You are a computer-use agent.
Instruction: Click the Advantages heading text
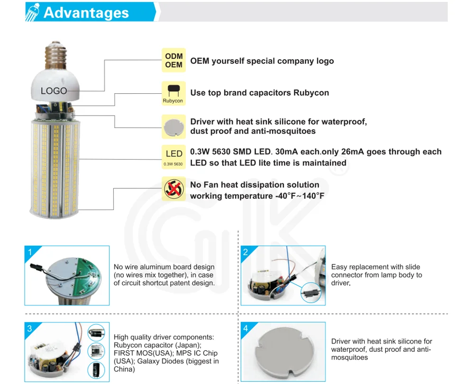pyautogui.click(x=86, y=13)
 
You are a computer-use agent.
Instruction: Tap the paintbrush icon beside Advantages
pyautogui.click(x=32, y=12)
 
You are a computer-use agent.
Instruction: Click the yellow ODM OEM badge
pyautogui.click(x=173, y=60)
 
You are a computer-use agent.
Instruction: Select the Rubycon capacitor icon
pyautogui.click(x=173, y=93)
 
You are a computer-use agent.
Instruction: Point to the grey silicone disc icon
pyautogui.click(x=173, y=127)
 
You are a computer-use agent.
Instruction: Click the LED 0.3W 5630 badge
pyautogui.click(x=173, y=157)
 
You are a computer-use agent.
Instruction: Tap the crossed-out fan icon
pyautogui.click(x=173, y=189)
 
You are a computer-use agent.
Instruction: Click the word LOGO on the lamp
pyautogui.click(x=54, y=90)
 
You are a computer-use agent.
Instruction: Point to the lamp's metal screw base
pyautogui.click(x=55, y=55)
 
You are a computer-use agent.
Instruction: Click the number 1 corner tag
pyautogui.click(x=30, y=252)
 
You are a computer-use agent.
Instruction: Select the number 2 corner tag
pyautogui.click(x=246, y=252)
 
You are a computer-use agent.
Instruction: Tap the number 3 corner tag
pyautogui.click(x=29, y=329)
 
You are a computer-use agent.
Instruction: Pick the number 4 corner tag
pyautogui.click(x=246, y=329)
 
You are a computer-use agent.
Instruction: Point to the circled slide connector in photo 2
pyautogui.click(x=311, y=292)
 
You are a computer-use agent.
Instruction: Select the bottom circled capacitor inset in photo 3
pyautogui.click(x=96, y=370)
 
